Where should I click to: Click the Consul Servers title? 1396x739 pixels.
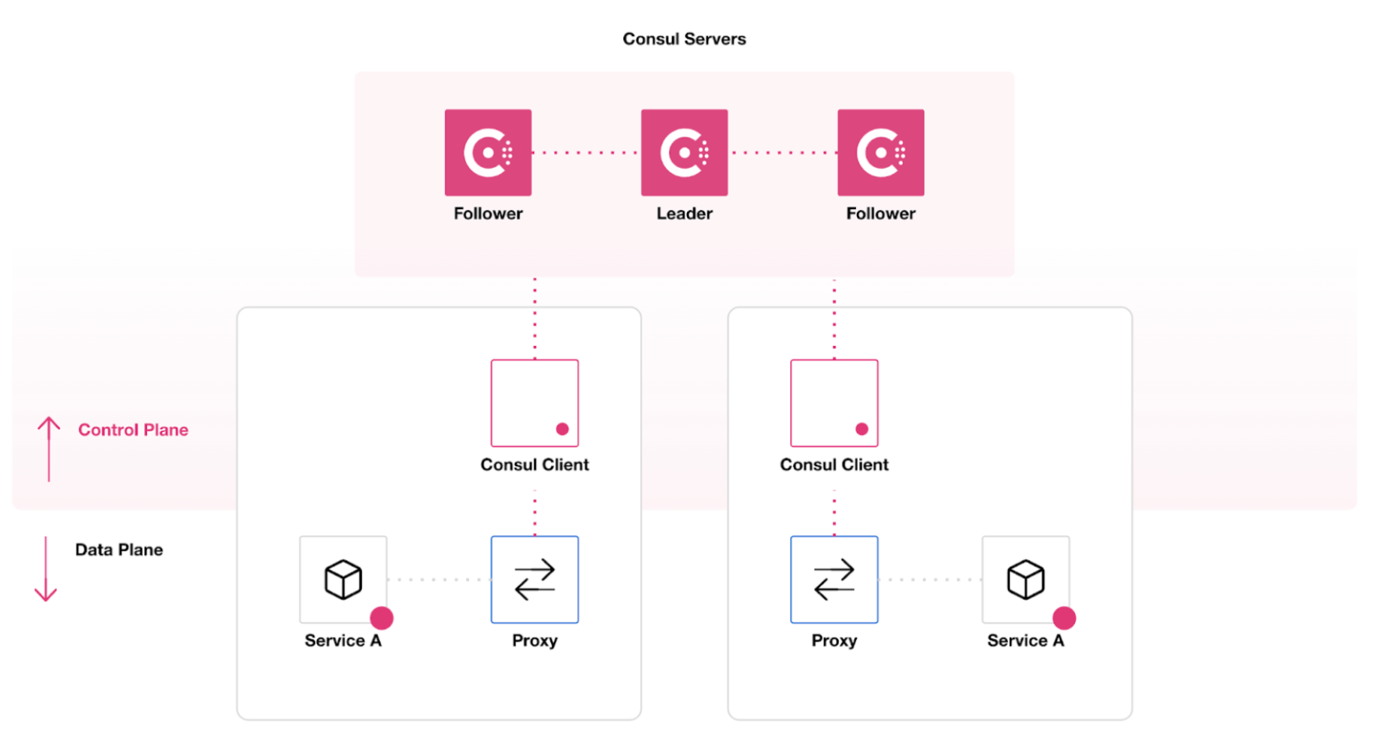coord(684,39)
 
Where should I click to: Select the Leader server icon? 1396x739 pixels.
coord(684,152)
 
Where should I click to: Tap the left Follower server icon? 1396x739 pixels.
coord(488,152)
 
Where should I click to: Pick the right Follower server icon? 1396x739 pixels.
coord(880,152)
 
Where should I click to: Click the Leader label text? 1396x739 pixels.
coord(684,213)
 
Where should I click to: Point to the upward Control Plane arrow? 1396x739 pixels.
coord(49,448)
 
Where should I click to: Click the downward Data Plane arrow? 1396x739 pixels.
coord(45,569)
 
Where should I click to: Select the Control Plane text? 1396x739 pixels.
coord(133,430)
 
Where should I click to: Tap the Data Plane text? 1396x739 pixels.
coord(118,550)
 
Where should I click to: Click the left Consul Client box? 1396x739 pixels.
coord(534,403)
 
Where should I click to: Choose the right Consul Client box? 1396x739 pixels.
coord(834,403)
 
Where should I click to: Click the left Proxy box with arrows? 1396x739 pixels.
coord(534,579)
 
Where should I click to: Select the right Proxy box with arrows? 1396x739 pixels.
coord(834,579)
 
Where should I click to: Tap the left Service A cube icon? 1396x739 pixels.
coord(343,579)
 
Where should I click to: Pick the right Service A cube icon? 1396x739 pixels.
coord(1026,579)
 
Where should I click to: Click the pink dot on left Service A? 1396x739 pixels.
coord(381,618)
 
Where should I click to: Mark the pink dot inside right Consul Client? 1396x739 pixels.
coord(862,429)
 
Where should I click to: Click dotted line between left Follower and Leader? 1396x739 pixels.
coord(585,153)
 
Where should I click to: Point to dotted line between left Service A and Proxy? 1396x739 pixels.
coord(438,579)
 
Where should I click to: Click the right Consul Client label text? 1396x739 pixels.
coord(834,464)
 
